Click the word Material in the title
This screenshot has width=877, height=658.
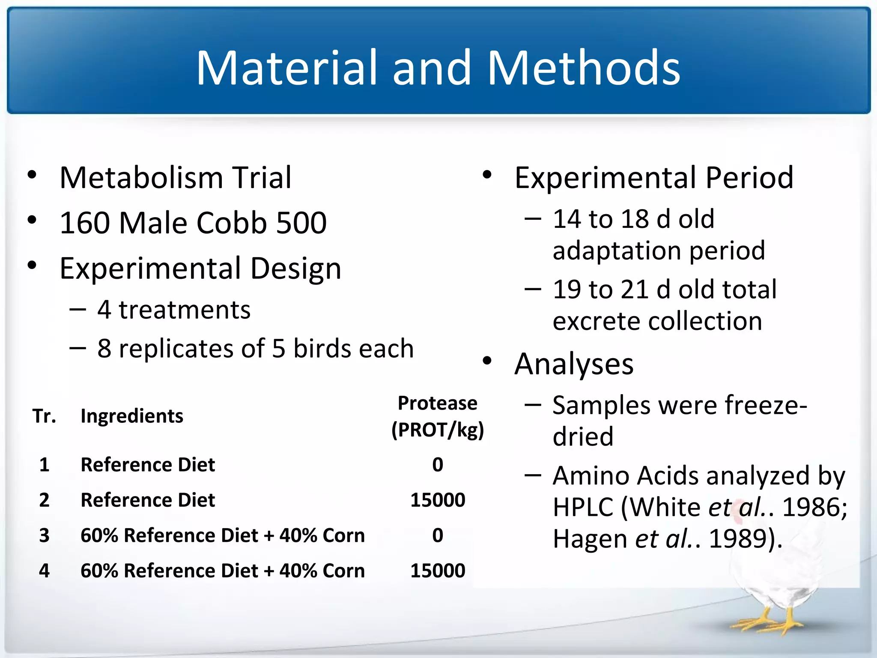(x=286, y=68)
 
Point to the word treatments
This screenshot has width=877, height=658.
(x=184, y=310)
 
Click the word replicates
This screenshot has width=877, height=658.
(x=176, y=348)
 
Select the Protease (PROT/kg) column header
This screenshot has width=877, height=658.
(x=437, y=416)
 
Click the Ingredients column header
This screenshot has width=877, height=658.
(x=131, y=416)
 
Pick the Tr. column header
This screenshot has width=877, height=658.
(x=44, y=416)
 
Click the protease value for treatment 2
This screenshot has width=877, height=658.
(x=437, y=500)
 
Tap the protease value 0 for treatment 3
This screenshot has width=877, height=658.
(x=437, y=535)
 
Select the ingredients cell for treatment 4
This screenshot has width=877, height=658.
(x=222, y=571)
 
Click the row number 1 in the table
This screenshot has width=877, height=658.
(x=44, y=465)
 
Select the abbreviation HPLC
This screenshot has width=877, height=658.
(x=583, y=508)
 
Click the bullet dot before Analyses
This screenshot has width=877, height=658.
(x=487, y=361)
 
